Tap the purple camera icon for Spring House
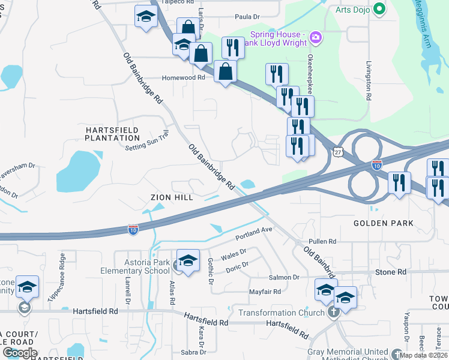tap(316, 38)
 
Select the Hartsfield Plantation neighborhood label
tap(112, 134)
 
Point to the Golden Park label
tap(384, 223)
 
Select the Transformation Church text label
tap(281, 313)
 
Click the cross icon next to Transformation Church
tap(333, 312)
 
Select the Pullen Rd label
tap(323, 241)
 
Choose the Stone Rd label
tap(391, 272)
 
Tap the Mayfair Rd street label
tap(265, 292)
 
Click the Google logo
tap(20, 353)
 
